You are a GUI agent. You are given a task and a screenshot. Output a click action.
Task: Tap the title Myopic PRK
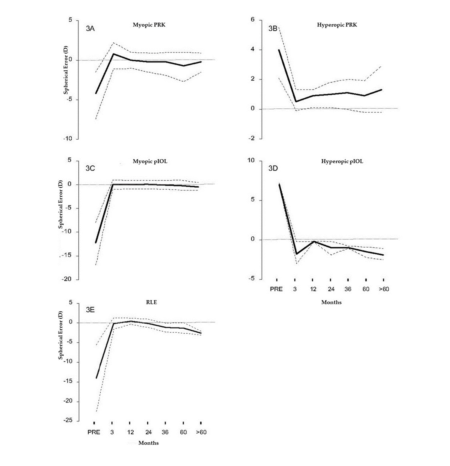[149, 25]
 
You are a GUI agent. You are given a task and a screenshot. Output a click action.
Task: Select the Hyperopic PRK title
[337, 25]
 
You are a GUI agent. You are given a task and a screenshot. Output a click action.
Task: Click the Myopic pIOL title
[149, 162]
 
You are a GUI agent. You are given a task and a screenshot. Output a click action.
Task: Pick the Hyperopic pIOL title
[342, 162]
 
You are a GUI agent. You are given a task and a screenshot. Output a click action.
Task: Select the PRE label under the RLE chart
[94, 432]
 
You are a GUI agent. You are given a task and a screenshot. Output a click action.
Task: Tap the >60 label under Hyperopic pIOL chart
[383, 289]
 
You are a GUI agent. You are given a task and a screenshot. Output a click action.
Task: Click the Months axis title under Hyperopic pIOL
[331, 302]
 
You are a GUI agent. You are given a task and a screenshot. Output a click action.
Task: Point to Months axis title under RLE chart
[148, 443]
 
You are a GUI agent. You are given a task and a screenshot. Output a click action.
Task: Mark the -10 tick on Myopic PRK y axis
[68, 139]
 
